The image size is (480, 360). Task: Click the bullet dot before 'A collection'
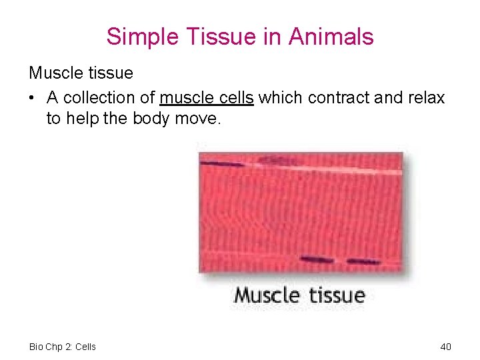coord(32,99)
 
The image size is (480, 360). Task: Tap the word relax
coord(425,98)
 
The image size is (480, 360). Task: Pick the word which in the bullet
coord(278,98)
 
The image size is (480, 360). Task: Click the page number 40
coord(446,347)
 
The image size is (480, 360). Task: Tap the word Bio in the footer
coord(36,347)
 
